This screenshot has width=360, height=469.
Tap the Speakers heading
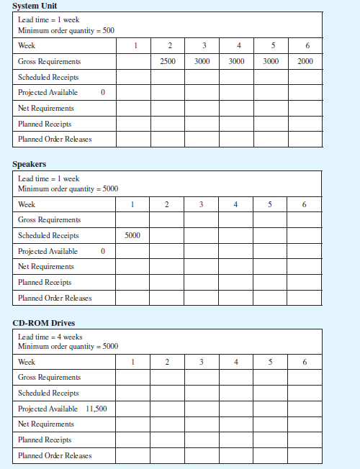[30, 164]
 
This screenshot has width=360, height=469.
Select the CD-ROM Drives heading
[43, 322]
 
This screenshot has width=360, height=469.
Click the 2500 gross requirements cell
[167, 62]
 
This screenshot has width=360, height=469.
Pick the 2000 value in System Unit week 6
[305, 62]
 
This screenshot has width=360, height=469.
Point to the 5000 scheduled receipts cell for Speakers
[132, 235]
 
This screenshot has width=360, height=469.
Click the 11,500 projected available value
[96, 409]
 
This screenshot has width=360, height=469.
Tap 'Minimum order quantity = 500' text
[66, 31]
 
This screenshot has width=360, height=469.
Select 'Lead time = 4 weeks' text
[50, 337]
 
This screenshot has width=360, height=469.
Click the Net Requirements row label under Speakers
[45, 267]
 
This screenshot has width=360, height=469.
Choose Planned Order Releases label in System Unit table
[55, 140]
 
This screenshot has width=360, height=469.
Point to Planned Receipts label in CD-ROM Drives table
[45, 440]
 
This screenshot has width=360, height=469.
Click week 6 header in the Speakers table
[305, 205]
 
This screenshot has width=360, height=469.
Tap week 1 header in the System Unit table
[133, 46]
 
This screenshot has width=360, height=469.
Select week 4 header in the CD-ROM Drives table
[236, 362]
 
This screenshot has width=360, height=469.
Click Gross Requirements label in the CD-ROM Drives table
[49, 378]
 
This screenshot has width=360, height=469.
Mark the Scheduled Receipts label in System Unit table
[48, 77]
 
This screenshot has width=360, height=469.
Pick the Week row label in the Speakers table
[27, 205]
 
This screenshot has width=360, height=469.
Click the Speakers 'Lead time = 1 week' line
[48, 178]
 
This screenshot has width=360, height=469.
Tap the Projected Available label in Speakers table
[48, 251]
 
